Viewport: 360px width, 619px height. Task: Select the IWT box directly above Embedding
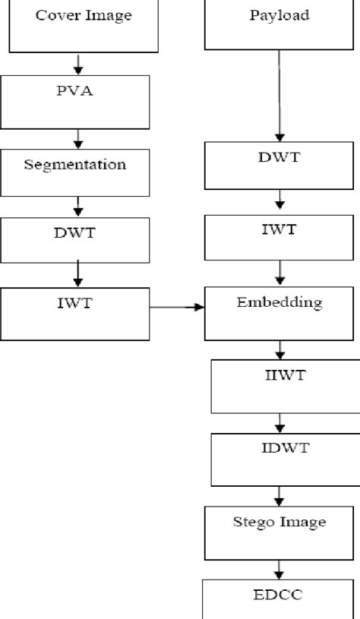(x=279, y=238)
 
